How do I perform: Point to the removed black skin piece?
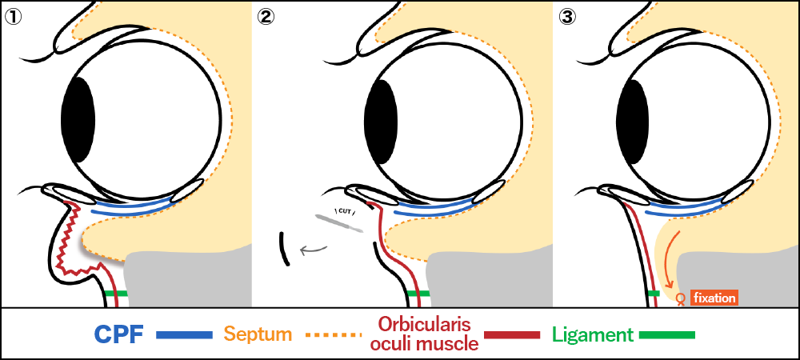pos(284,248)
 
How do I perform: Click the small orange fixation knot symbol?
pos(680,300)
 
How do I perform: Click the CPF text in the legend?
pos(118,334)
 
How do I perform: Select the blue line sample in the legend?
pos(184,334)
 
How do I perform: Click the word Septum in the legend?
pos(258,334)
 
